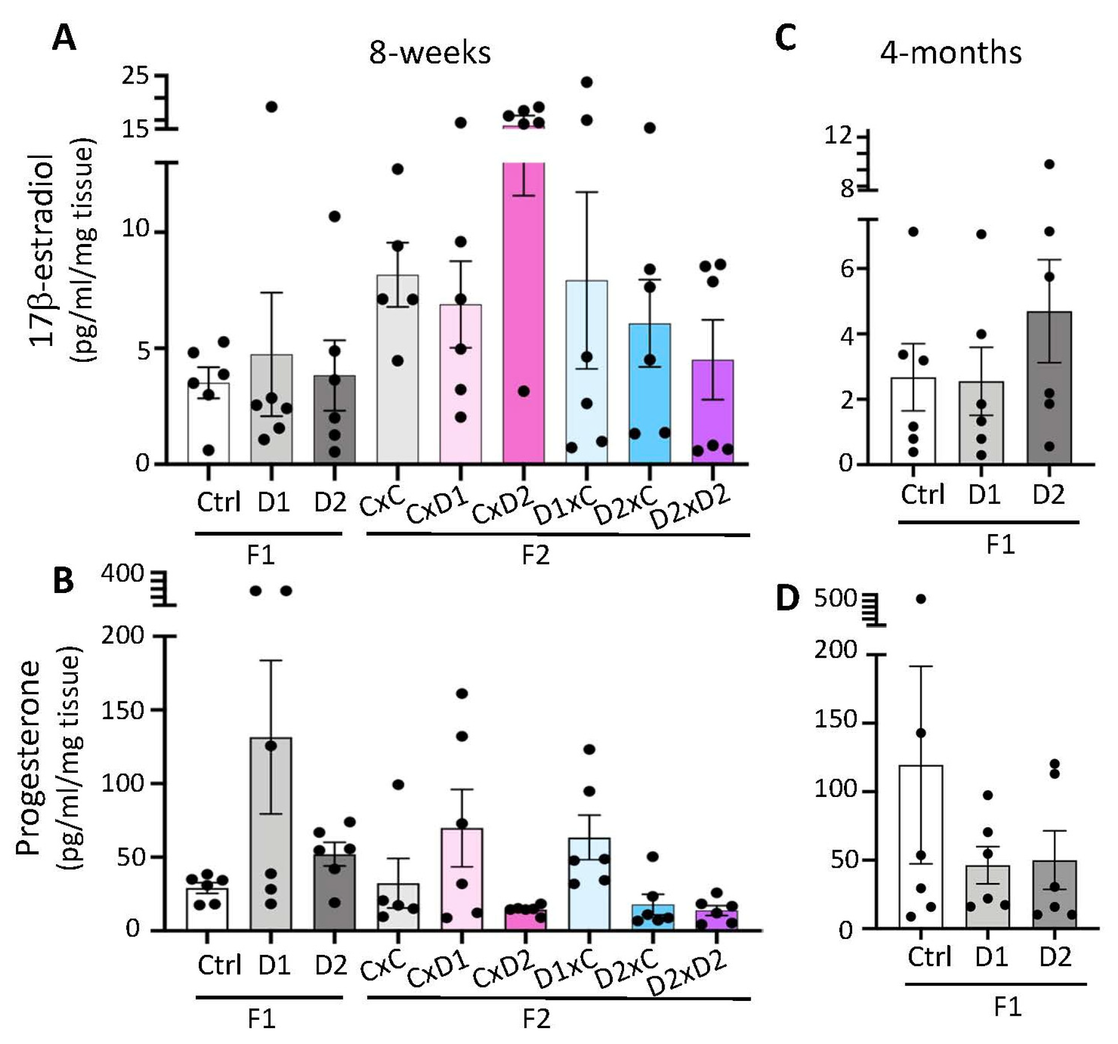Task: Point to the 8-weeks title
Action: click(430, 53)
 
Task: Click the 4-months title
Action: click(950, 53)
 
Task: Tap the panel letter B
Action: click(64, 581)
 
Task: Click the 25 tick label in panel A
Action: click(135, 75)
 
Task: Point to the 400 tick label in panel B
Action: click(122, 574)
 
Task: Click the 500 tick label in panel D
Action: click(835, 599)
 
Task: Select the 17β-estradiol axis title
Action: click(42, 250)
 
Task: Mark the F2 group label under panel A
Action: click(535, 556)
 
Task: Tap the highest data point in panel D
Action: click(921, 599)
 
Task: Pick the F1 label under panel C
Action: click(1001, 544)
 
